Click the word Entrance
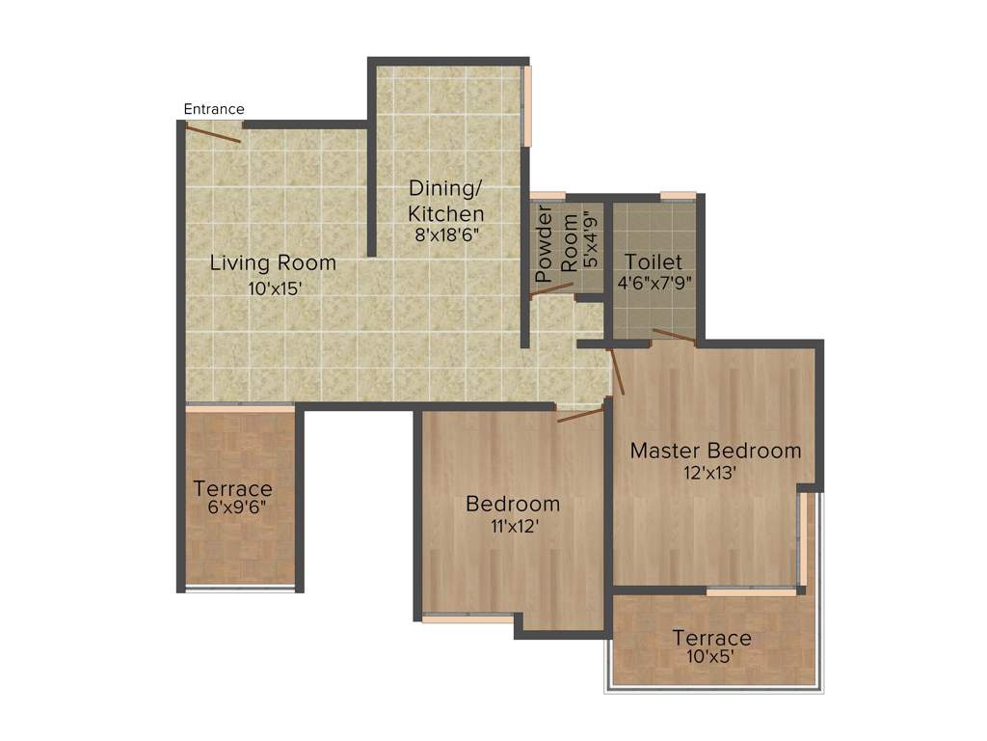214,109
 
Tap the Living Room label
273,262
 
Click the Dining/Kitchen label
446,200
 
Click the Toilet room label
654,261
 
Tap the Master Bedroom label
715,451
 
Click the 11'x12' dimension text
512,527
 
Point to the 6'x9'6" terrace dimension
233,508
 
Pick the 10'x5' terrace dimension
711,658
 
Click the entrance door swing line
213,134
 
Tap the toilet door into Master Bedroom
674,336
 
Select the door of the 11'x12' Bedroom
581,416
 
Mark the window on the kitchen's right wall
526,105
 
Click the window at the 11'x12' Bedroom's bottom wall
467,618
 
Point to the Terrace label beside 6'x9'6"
232,488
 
